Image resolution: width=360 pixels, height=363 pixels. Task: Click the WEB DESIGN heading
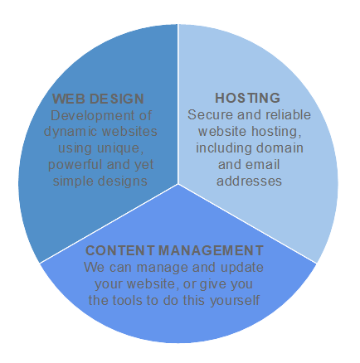point(98,99)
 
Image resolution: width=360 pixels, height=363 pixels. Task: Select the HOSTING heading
point(248,98)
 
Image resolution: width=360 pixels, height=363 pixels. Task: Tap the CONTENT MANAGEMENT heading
point(174,250)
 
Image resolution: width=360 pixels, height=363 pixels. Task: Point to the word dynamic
point(69,132)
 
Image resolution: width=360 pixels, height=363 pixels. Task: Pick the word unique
point(120,148)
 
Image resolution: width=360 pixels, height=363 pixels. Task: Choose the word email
point(263,164)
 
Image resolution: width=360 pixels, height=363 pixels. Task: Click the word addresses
point(249,181)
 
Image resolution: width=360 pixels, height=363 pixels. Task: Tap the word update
point(242,268)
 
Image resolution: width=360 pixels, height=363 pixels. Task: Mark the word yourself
point(235,301)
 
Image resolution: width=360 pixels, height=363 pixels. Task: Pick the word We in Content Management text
point(95,268)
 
